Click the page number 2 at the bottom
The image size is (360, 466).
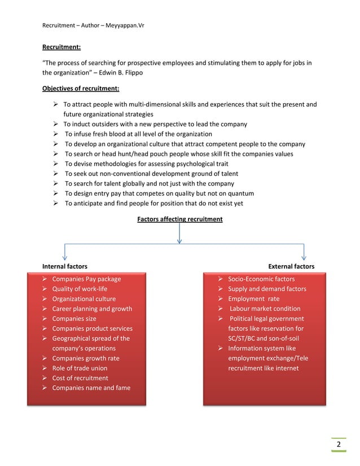click(x=339, y=445)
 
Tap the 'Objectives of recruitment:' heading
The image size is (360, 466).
click(x=81, y=88)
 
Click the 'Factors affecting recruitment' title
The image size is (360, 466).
click(x=179, y=219)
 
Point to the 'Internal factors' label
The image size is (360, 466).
click(x=65, y=266)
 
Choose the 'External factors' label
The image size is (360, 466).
click(x=291, y=266)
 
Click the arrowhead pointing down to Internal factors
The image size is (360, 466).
click(x=66, y=257)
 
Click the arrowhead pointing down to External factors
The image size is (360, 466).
click(x=304, y=257)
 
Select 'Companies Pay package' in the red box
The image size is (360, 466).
click(x=86, y=279)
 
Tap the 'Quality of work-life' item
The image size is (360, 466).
click(x=80, y=289)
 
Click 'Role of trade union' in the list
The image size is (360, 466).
click(x=80, y=368)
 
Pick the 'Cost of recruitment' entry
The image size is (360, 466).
click(x=80, y=378)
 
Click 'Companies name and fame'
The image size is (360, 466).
click(x=91, y=388)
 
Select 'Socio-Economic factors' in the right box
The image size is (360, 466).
click(x=261, y=279)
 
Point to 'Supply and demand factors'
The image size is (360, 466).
click(x=267, y=289)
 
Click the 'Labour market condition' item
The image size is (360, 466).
click(x=265, y=309)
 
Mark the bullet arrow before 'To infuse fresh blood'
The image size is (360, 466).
click(x=56, y=134)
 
